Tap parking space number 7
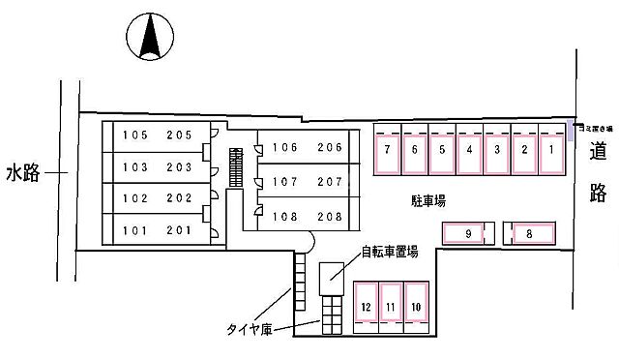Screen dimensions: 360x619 click(387, 150)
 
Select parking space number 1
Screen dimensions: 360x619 click(550, 150)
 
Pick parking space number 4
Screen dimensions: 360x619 click(469, 150)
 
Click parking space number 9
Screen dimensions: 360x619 click(467, 233)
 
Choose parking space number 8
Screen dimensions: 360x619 click(530, 233)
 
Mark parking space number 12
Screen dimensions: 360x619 click(366, 308)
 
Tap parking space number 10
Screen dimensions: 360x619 click(416, 308)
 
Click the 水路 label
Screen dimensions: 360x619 click(22, 173)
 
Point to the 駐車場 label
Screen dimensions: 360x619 click(427, 201)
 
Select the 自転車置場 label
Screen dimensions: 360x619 click(390, 252)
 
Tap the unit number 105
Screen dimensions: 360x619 click(134, 136)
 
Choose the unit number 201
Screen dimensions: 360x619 click(179, 230)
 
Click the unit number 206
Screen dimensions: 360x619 click(330, 148)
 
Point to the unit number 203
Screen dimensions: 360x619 click(179, 167)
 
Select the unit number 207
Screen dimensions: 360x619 click(330, 181)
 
